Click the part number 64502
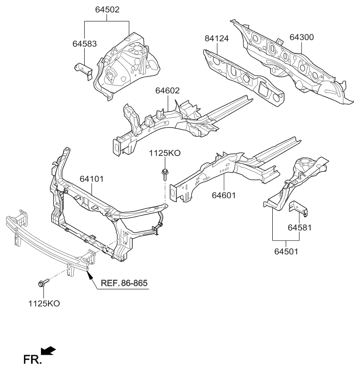click(x=107, y=9)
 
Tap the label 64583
click(x=84, y=44)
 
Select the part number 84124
click(x=217, y=40)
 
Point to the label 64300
click(x=302, y=38)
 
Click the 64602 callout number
click(x=167, y=91)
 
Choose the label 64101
click(x=91, y=178)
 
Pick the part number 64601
click(x=224, y=195)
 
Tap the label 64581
click(x=299, y=227)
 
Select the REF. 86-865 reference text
click(x=124, y=283)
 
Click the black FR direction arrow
click(x=48, y=350)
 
